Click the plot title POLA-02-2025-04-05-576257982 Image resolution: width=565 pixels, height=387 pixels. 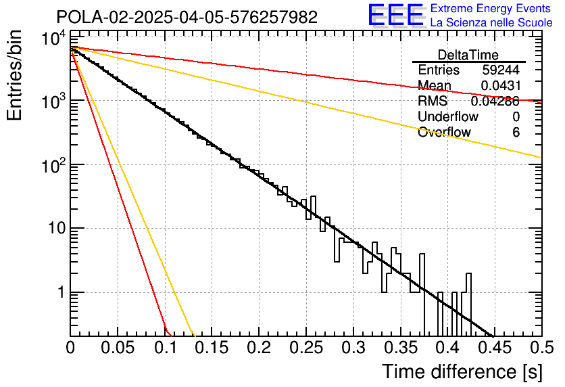pos(187,17)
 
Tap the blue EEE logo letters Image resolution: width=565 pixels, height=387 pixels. pos(396,15)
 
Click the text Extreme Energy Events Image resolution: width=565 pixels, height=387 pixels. pos(491,8)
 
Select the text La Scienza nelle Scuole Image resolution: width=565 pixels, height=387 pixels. pos(491,22)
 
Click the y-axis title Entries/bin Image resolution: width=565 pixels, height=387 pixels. pos(14,75)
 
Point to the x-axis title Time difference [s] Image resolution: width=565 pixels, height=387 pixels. pos(462,372)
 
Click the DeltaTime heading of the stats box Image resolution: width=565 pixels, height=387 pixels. pos(468,55)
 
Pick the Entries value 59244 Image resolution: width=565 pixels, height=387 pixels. pos(501,70)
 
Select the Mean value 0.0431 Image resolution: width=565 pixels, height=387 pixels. pos(501,85)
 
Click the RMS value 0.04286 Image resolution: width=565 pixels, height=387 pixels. pos(495,101)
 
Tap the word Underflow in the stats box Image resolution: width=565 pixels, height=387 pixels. pos(448,116)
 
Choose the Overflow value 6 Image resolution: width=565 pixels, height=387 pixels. pos(516,133)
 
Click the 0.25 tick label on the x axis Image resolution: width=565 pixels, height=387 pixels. pos(306,348)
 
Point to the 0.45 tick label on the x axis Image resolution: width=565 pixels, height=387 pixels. pos(495,348)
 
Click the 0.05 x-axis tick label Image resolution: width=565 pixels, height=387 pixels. pos(118,348)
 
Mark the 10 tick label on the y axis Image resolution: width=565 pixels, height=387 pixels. pos(57,228)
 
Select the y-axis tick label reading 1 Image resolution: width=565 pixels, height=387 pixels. pos(62,292)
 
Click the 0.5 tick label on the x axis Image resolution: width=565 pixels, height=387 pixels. pos(542,348)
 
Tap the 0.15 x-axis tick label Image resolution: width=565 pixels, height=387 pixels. pos(212,348)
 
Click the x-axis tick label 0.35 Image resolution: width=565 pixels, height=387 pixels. pos(401,348)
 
